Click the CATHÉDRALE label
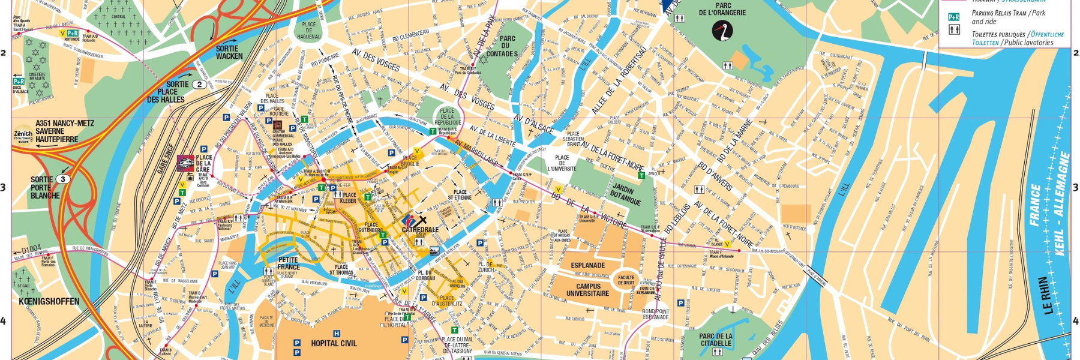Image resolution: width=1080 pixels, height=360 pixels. coord(420,230)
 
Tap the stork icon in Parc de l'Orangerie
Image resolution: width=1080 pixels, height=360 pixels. coord(722,31)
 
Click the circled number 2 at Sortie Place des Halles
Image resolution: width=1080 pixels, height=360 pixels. coord(199,85)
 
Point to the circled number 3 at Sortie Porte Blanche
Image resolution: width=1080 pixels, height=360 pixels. coord(63,179)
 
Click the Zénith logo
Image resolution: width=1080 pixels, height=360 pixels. coord(23,136)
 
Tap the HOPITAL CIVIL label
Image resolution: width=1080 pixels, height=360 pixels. coord(334,343)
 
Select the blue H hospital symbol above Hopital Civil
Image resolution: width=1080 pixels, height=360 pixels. coord(336,334)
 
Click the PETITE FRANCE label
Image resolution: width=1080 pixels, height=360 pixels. coord(289,263)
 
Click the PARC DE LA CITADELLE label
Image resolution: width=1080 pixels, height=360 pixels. coord(716,340)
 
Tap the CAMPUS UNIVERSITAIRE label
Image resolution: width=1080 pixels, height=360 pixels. coord(587,290)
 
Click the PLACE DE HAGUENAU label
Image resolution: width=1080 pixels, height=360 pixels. coord(309,31)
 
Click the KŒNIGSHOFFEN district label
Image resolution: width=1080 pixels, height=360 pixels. coord(49,301)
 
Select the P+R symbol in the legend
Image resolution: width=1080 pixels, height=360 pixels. coord(953,17)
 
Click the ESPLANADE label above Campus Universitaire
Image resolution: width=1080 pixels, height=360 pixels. coord(587,265)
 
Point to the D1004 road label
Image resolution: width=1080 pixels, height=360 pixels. coord(31,248)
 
